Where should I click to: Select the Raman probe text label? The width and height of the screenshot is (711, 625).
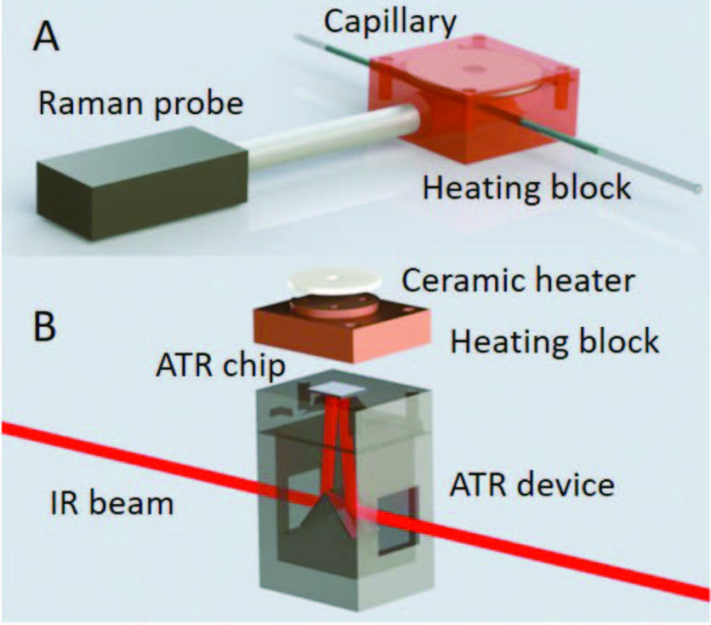140,106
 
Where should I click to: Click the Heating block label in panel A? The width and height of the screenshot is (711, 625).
526,186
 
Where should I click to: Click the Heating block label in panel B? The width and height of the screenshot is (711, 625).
555,341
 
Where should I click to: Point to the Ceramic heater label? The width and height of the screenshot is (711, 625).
518,281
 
